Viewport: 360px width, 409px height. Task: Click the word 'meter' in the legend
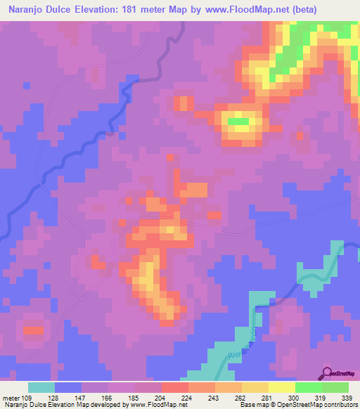(x=13, y=396)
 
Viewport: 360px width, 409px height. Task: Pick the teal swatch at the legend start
(x=41, y=387)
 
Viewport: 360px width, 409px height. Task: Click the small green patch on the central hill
(x=238, y=121)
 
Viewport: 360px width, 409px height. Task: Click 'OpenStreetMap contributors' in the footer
(x=317, y=404)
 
